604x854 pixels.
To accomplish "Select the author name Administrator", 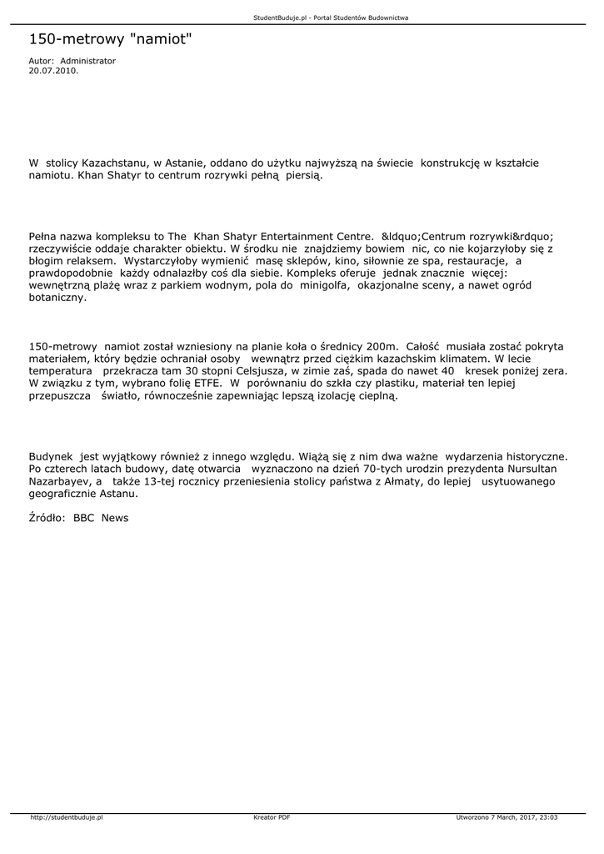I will click(88, 61).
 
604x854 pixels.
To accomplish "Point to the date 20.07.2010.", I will click(53, 71).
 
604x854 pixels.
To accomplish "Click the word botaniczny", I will click(57, 297).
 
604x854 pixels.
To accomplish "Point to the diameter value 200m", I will click(382, 345).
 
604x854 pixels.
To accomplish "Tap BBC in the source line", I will click(84, 518).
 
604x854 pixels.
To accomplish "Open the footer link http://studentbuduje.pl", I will click(65, 817).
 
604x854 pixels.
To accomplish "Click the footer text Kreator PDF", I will click(272, 817).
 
